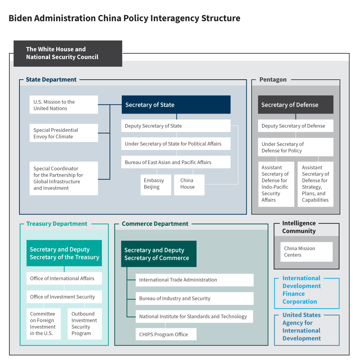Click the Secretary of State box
coord(176,105)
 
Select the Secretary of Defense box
coord(296,105)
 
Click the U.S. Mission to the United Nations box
coord(64,105)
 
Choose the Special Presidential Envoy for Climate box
coord(64,133)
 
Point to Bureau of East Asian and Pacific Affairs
coord(176,162)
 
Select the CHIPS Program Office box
coord(166,334)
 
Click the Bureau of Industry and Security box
coord(194,298)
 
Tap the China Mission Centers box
coord(307,252)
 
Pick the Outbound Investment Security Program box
coord(85,323)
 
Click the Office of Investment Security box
coord(64,297)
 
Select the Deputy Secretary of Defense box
coord(296,126)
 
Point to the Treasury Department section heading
coord(57,224)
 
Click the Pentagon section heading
coord(273,80)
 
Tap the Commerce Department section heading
coord(155,224)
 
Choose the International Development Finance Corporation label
coord(301,290)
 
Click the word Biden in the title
coord(20,18)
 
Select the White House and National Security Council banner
coord(68,53)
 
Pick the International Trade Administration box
coord(194,280)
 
